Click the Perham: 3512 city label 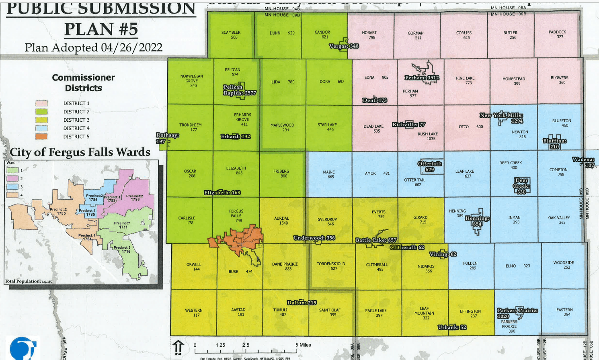coord(422,78)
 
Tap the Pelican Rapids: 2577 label coord(240,90)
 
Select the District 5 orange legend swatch coord(41,137)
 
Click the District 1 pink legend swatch coord(41,103)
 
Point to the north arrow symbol coord(178,347)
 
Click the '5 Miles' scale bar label coord(303,345)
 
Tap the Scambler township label coord(231,35)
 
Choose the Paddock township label coord(557,35)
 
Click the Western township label coord(194,313)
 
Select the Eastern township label coord(564,312)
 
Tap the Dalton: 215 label coord(302,303)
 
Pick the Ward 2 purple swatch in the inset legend coord(12,178)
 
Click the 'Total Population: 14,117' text coord(29,281)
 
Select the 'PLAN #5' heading coord(101,29)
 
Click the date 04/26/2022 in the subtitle coord(131,47)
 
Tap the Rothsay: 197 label coord(167,138)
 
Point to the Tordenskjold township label coord(331,266)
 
